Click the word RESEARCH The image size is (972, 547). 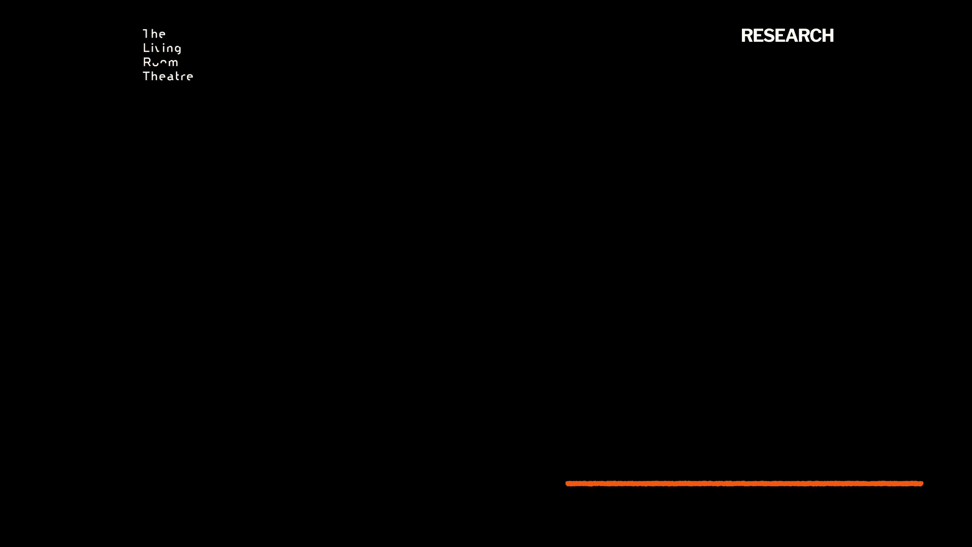pos(787,36)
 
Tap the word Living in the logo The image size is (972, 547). pos(162,48)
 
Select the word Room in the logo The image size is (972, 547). pos(160,62)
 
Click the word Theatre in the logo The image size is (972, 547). pos(168,76)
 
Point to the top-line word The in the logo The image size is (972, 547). pos(154,34)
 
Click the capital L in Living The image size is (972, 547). pos(146,48)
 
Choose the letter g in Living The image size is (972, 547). pos(178,49)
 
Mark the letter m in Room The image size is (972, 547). pos(173,63)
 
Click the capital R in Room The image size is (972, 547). pos(147,62)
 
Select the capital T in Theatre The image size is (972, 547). pos(146,76)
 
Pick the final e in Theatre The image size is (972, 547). pos(190,77)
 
